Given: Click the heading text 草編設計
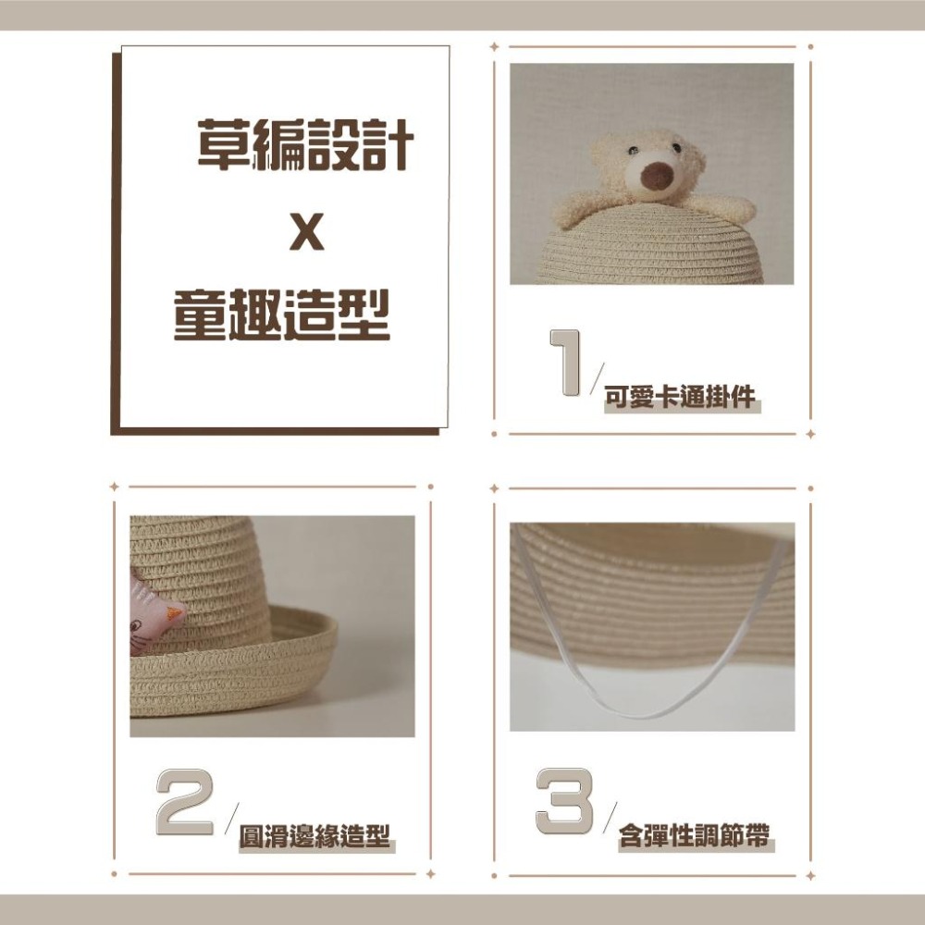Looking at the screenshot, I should coord(304,146).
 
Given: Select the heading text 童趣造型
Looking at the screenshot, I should coord(282,315).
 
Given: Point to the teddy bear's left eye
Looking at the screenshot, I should coord(633,149).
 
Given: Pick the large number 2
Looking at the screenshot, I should coord(185,800).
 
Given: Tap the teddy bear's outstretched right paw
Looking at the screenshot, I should coord(731,208).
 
